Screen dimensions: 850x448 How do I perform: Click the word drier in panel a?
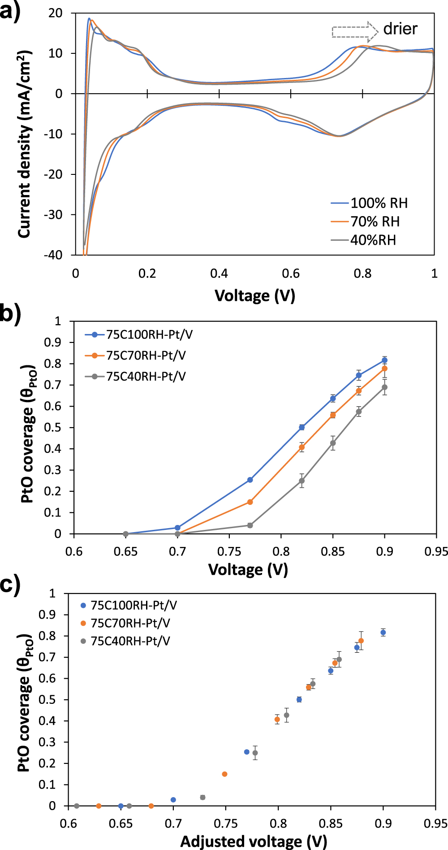click(x=400, y=29)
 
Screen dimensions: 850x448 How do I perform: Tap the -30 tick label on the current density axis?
click(x=53, y=215)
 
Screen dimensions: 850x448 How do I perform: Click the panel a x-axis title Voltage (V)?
click(x=254, y=296)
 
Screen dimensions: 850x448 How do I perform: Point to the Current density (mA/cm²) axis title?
click(x=25, y=143)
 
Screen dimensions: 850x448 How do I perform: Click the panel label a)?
click(x=10, y=11)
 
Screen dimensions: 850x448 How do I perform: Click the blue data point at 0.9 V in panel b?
click(x=384, y=360)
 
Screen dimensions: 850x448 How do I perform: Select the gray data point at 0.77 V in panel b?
click(x=250, y=525)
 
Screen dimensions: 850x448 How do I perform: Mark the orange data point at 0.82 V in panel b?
click(x=302, y=447)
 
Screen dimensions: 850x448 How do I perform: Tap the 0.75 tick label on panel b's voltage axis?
click(x=229, y=551)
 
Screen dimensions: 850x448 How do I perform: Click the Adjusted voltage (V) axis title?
click(x=254, y=841)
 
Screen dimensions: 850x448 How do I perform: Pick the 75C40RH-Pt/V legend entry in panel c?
click(x=130, y=641)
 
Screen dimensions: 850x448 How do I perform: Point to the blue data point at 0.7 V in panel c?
click(x=173, y=800)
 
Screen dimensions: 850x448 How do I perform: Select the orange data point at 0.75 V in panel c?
click(x=224, y=774)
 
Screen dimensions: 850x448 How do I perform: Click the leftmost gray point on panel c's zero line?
click(x=77, y=806)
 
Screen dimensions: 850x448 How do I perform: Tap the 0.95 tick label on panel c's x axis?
click(x=435, y=824)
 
